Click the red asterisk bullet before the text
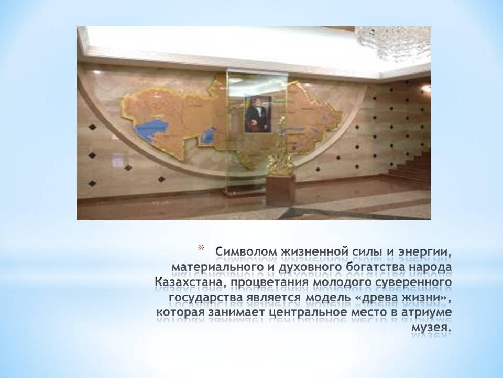click(201, 248)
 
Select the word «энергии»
click(424, 253)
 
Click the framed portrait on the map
click(258, 114)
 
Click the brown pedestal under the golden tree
click(280, 191)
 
